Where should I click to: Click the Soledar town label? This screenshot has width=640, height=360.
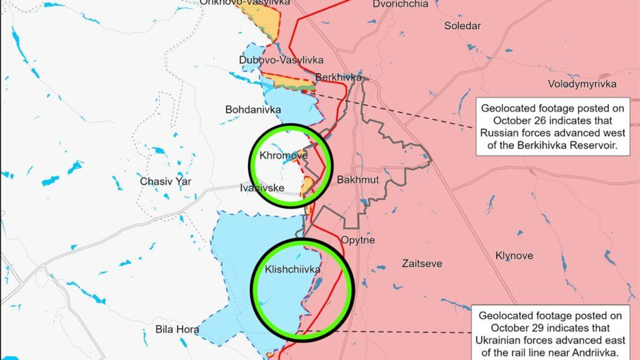[462, 26]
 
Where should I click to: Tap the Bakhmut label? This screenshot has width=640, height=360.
[358, 180]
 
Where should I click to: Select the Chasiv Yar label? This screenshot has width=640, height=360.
[166, 182]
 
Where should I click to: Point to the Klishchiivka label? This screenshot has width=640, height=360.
[293, 270]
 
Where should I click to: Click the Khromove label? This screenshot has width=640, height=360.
[284, 155]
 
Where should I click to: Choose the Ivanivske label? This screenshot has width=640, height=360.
[262, 188]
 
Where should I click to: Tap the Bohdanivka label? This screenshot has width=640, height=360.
[253, 110]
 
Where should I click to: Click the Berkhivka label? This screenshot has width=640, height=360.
[338, 77]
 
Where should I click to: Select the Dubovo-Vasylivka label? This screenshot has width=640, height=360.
[281, 60]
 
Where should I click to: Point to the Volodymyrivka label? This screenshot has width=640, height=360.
[582, 84]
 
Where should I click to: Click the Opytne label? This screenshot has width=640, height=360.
[358, 240]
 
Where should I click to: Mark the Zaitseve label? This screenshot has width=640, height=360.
[422, 263]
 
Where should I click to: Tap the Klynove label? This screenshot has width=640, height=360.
[514, 256]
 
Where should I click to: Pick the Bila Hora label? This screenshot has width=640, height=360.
[177, 329]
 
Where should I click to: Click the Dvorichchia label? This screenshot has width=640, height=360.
[400, 4]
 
